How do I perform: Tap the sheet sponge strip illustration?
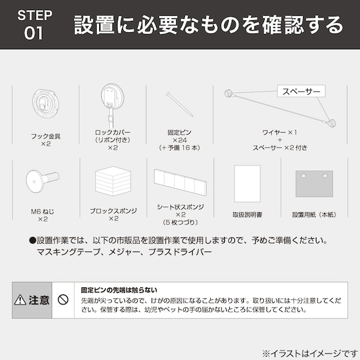180,183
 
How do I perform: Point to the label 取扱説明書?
247,215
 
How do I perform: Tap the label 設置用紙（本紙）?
315,215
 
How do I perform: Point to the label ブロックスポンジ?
112,211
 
